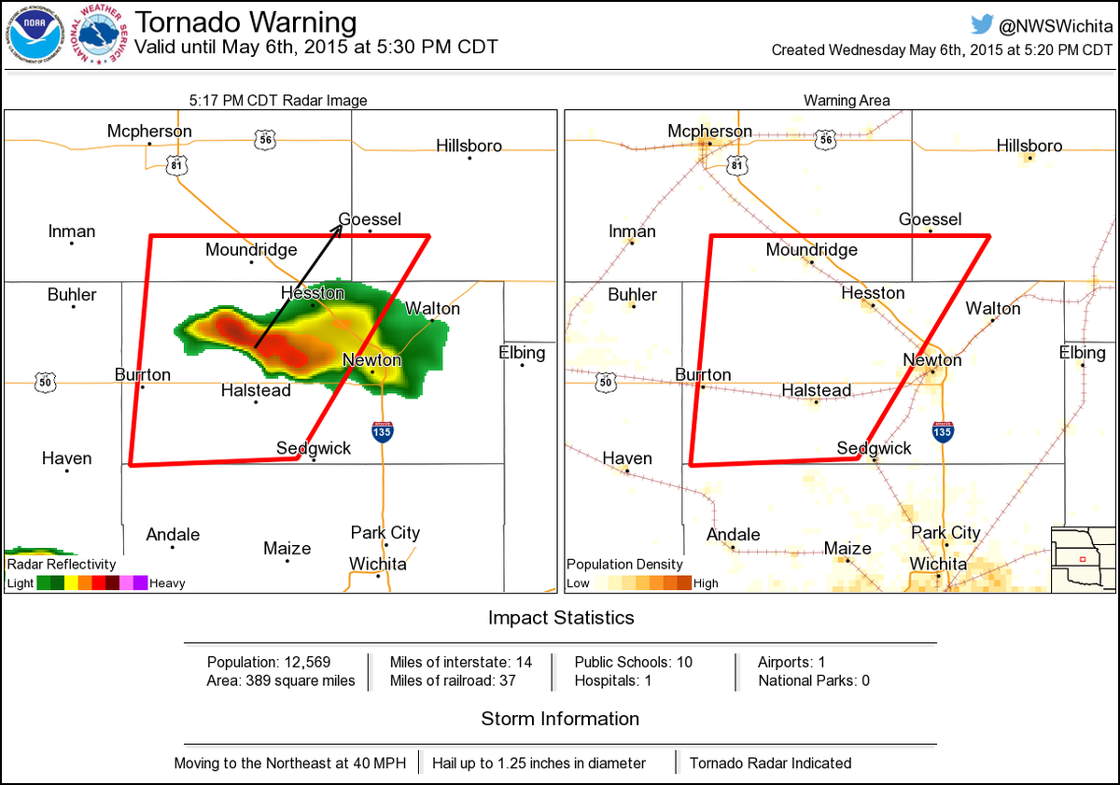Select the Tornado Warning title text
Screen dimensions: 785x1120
[245, 22]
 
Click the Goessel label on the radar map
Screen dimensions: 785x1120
[370, 219]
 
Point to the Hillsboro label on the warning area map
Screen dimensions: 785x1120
[1029, 146]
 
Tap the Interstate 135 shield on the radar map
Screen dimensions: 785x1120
[382, 431]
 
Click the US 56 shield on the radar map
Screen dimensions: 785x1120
[264, 139]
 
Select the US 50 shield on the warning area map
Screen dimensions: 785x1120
[606, 382]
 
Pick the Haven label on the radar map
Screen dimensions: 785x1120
[66, 458]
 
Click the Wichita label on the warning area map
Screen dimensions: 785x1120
[938, 564]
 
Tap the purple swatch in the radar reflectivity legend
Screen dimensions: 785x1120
[140, 583]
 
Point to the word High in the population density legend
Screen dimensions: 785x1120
[706, 583]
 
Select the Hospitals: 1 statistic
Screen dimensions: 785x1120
[613, 680]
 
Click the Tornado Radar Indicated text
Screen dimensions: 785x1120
[770, 763]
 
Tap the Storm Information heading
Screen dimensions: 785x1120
[560, 719]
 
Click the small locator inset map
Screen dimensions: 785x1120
[1083, 559]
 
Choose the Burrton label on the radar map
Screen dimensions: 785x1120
[143, 374]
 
